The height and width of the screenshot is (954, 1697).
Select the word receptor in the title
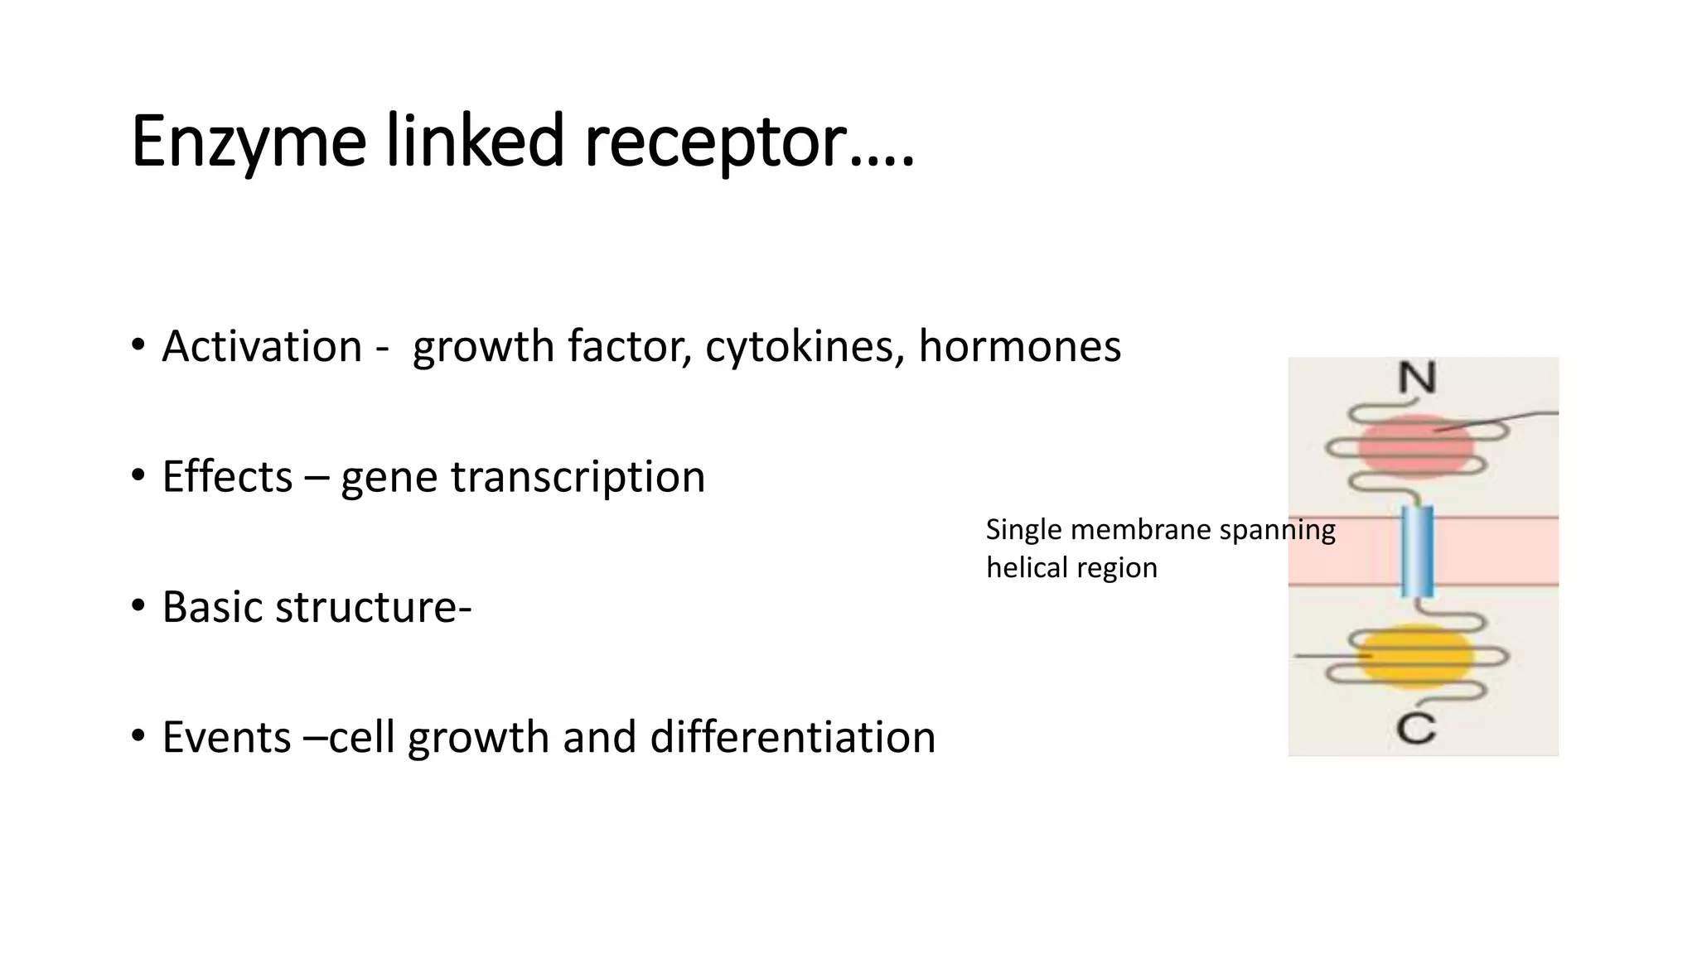point(715,142)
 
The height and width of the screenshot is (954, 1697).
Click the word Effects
point(227,476)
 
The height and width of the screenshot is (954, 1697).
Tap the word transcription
point(578,478)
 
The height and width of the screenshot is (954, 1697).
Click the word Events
point(226,737)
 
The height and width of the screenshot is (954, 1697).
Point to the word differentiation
point(792,737)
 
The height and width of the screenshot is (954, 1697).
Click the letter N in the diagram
point(1417,378)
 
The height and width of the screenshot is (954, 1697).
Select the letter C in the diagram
point(1415,729)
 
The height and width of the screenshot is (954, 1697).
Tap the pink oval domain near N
point(1415,447)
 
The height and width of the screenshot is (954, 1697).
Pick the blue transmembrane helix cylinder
point(1417,551)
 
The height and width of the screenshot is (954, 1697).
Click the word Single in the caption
point(1023,530)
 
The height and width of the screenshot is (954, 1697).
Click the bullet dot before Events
point(138,735)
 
